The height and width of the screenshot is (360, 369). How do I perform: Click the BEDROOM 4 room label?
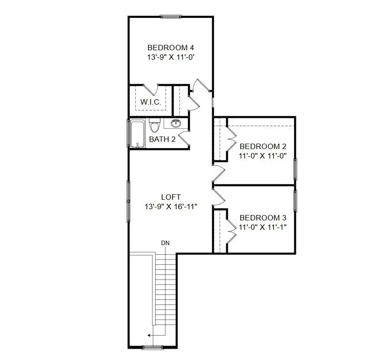click(170, 48)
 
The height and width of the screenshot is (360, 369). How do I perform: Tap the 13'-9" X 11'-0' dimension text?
click(170, 57)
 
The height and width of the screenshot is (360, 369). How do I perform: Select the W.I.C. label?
click(151, 102)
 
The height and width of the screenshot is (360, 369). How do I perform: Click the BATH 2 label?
click(162, 139)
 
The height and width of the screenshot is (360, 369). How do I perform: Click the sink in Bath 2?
click(176, 123)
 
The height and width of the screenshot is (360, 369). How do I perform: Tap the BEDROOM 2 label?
click(263, 146)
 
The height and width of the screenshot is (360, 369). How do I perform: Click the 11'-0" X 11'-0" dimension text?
click(263, 156)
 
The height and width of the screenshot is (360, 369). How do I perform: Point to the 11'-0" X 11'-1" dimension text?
click(263, 227)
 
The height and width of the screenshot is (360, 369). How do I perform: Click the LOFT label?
click(171, 197)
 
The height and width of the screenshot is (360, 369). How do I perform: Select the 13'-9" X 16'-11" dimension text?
click(171, 206)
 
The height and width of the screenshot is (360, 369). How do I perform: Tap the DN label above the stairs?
click(165, 243)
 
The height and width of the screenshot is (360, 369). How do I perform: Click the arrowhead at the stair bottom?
click(149, 335)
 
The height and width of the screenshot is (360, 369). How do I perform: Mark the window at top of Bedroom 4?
click(171, 17)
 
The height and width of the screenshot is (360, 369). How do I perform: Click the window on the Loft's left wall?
click(129, 201)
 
